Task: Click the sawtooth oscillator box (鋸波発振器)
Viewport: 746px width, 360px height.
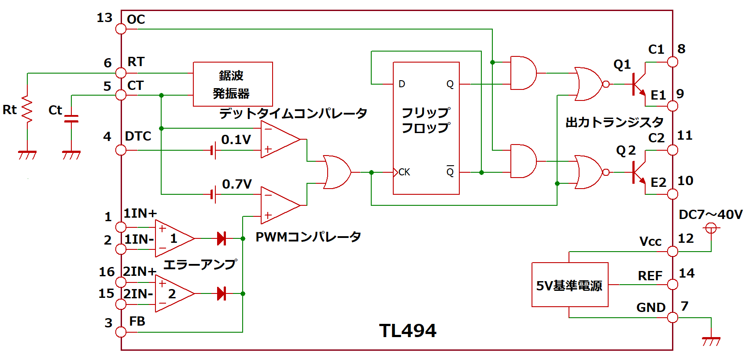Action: [x=233, y=84]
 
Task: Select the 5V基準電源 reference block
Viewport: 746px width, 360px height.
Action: [x=569, y=285]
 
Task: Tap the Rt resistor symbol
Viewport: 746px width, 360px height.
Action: [x=27, y=109]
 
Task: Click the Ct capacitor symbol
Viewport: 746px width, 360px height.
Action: [x=71, y=119]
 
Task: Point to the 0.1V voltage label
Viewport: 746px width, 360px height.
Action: [x=236, y=140]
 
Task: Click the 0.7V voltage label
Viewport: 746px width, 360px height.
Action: [x=237, y=184]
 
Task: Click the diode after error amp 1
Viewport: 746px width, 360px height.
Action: [x=222, y=238]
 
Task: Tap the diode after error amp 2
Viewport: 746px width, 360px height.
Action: [x=222, y=293]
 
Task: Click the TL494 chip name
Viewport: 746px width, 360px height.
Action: [x=407, y=331]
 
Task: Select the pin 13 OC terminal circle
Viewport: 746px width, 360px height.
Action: [x=121, y=29]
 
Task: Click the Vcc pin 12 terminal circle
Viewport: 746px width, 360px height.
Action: [x=672, y=252]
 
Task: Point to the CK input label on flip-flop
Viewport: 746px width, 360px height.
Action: [x=404, y=172]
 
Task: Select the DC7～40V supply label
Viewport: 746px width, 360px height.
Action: [x=710, y=215]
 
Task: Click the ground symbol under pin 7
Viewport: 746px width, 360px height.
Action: [x=711, y=340]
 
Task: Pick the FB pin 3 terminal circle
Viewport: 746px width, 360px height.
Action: [x=121, y=332]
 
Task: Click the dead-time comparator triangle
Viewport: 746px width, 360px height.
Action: [x=279, y=140]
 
